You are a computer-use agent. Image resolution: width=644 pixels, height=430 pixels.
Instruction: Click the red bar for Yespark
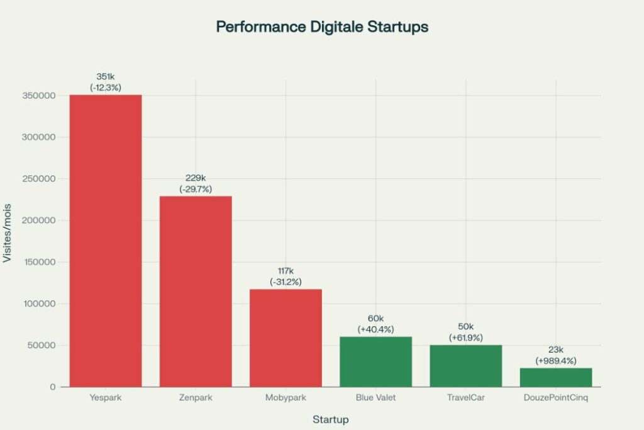coord(106,240)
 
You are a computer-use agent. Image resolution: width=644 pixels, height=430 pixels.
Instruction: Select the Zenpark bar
coord(196,291)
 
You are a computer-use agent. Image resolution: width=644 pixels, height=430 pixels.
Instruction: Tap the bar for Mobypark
coord(286,337)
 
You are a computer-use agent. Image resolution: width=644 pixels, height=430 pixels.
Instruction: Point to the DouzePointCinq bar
coord(556,377)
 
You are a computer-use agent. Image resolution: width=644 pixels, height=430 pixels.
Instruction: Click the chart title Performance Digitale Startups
coord(322,27)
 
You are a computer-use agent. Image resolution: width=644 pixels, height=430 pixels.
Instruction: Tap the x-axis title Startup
coord(331,419)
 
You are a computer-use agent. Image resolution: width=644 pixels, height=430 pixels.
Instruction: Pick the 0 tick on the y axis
coord(53,387)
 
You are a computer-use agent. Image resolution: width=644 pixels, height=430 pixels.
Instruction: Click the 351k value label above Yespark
coord(106,77)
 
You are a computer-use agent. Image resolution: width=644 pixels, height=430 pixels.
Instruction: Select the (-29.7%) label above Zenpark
coord(196,189)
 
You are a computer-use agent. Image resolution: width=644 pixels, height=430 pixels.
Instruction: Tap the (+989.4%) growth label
coord(556,361)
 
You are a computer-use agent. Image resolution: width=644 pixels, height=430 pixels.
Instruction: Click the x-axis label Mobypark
coord(286,398)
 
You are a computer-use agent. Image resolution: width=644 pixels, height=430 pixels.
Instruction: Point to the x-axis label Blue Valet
coord(375,398)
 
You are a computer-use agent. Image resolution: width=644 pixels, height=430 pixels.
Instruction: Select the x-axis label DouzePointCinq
coord(556,398)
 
